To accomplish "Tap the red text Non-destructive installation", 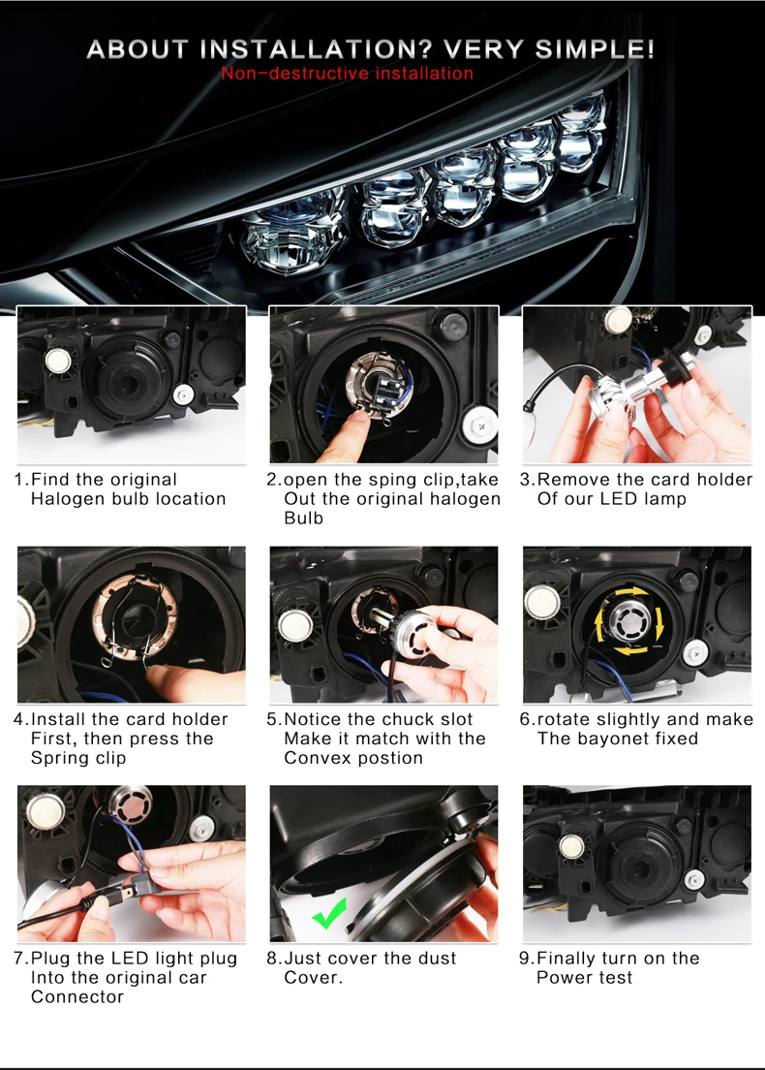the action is (347, 73).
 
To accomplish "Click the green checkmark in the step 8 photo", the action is (329, 912).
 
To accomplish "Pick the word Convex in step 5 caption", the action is (317, 758).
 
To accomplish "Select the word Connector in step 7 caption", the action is (77, 997).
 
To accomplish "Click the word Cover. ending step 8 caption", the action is (313, 978).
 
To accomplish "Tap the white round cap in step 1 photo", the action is (58, 361).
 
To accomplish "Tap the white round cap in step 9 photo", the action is (570, 847).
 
